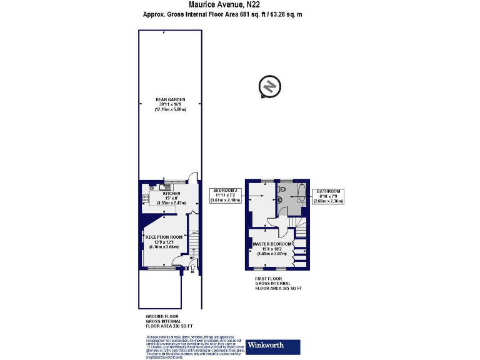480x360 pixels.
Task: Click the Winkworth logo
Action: point(274,346)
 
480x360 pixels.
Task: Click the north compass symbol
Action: point(269,87)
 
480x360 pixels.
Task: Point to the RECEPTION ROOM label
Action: point(164,237)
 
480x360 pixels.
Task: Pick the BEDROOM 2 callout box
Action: point(226,195)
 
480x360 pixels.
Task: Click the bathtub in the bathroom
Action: point(300,196)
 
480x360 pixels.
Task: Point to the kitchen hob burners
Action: point(145,199)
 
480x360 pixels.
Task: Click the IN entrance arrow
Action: point(192,271)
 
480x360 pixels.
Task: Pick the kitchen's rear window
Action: point(167,181)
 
